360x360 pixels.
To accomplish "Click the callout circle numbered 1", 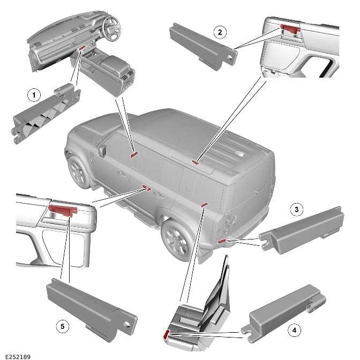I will (34, 95).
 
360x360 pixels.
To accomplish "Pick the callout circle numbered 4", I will (294, 331).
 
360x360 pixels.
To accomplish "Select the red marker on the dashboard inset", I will (82, 48).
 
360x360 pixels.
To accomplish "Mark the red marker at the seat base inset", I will (166, 334).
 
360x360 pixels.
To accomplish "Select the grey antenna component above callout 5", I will (88, 305).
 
